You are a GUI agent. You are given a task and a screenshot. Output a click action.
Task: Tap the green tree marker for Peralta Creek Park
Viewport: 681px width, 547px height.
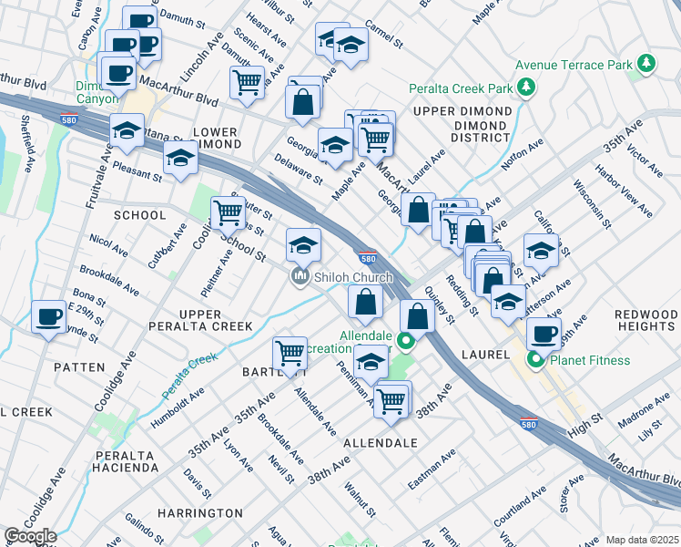click(525, 88)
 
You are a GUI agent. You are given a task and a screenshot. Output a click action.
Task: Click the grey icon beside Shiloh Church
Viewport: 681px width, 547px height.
click(298, 277)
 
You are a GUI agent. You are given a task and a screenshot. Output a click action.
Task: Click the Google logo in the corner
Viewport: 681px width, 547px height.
click(30, 535)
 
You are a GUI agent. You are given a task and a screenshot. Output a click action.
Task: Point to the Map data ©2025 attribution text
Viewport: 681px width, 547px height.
click(642, 540)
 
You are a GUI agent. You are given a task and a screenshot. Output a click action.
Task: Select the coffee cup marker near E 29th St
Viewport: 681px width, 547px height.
click(47, 317)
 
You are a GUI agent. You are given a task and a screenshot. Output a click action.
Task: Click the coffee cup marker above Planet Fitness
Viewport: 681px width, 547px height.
click(544, 334)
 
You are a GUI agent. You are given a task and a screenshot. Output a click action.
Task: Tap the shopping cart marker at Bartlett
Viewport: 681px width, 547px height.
click(290, 353)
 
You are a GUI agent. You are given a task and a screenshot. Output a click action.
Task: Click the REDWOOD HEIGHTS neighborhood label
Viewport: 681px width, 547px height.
click(645, 320)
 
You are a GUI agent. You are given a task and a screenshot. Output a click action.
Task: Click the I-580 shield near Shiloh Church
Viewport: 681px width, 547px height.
click(367, 258)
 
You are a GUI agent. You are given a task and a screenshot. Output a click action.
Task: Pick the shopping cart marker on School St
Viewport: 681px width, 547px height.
click(228, 213)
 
